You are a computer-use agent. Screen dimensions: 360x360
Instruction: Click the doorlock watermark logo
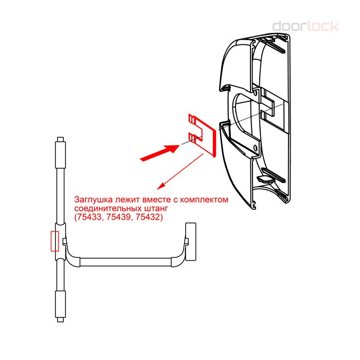305,26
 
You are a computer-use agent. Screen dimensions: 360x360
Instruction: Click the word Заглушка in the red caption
94,200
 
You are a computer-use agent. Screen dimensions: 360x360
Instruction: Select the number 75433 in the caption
88,217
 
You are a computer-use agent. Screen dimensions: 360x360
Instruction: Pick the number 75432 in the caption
148,217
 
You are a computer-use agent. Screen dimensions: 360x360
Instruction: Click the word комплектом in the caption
204,200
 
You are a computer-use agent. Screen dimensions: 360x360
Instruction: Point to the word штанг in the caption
156,208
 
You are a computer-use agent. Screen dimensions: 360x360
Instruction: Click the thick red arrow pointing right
160,152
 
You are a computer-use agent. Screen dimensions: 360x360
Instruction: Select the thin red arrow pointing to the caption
180,172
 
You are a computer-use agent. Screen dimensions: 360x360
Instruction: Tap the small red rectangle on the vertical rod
55,241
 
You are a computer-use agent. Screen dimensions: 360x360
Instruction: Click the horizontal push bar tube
126,262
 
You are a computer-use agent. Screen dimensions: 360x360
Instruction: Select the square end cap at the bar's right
191,242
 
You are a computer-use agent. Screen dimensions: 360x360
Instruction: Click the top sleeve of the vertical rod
60,155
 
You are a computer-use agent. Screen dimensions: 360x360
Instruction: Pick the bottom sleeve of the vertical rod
60,304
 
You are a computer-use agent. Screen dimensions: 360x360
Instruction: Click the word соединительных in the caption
108,208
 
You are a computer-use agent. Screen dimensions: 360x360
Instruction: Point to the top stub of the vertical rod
60,139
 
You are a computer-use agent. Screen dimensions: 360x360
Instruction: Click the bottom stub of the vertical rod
60,320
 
